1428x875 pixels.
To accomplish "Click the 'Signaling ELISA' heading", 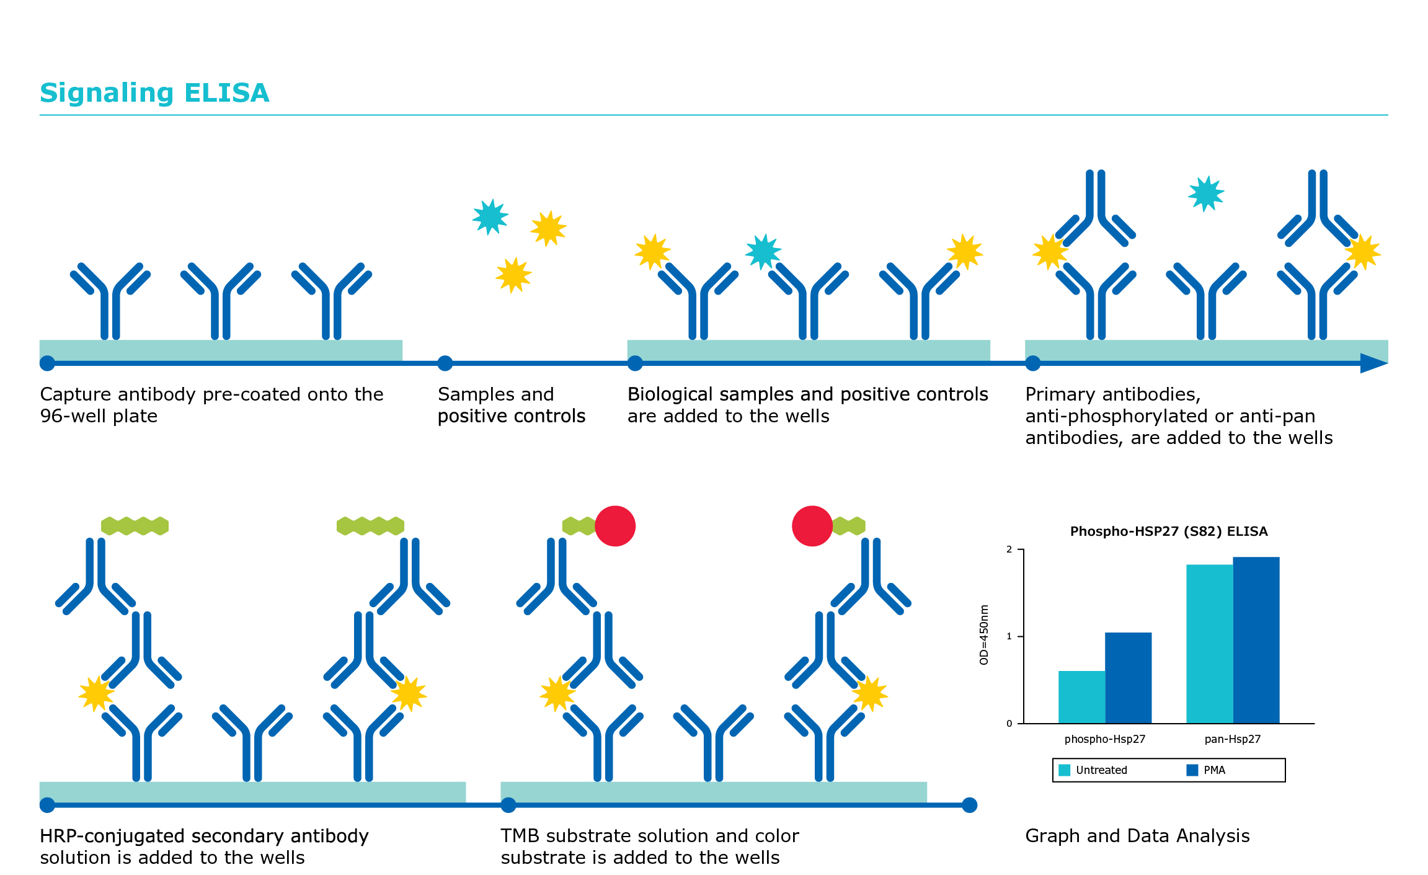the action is click(154, 93).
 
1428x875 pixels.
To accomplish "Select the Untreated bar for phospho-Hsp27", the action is click(1081, 697).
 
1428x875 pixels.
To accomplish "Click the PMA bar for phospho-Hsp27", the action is click(1128, 678).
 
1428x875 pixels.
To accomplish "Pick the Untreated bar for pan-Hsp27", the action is click(1209, 644).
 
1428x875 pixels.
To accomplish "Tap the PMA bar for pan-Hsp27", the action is click(1256, 640).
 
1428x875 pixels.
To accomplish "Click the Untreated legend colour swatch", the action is click(1064, 770).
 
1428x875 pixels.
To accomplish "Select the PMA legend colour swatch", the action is click(1192, 770).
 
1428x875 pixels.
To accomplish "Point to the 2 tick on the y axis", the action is click(1009, 549).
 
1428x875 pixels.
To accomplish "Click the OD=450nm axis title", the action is click(983, 634).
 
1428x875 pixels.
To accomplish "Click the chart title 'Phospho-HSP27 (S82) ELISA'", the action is click(1169, 531).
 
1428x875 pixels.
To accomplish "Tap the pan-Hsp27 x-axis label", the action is click(1233, 739).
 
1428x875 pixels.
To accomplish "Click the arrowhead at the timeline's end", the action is click(1373, 363).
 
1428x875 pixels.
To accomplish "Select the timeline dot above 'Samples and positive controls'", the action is click(445, 363).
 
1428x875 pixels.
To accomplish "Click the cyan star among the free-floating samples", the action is click(490, 217).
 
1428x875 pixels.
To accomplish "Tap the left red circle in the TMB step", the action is click(615, 526).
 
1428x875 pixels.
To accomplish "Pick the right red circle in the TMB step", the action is click(812, 526).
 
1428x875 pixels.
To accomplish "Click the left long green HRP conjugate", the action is click(135, 526).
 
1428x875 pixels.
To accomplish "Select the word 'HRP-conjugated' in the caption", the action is click(112, 837).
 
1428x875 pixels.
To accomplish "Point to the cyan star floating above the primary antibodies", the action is click(1206, 194).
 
